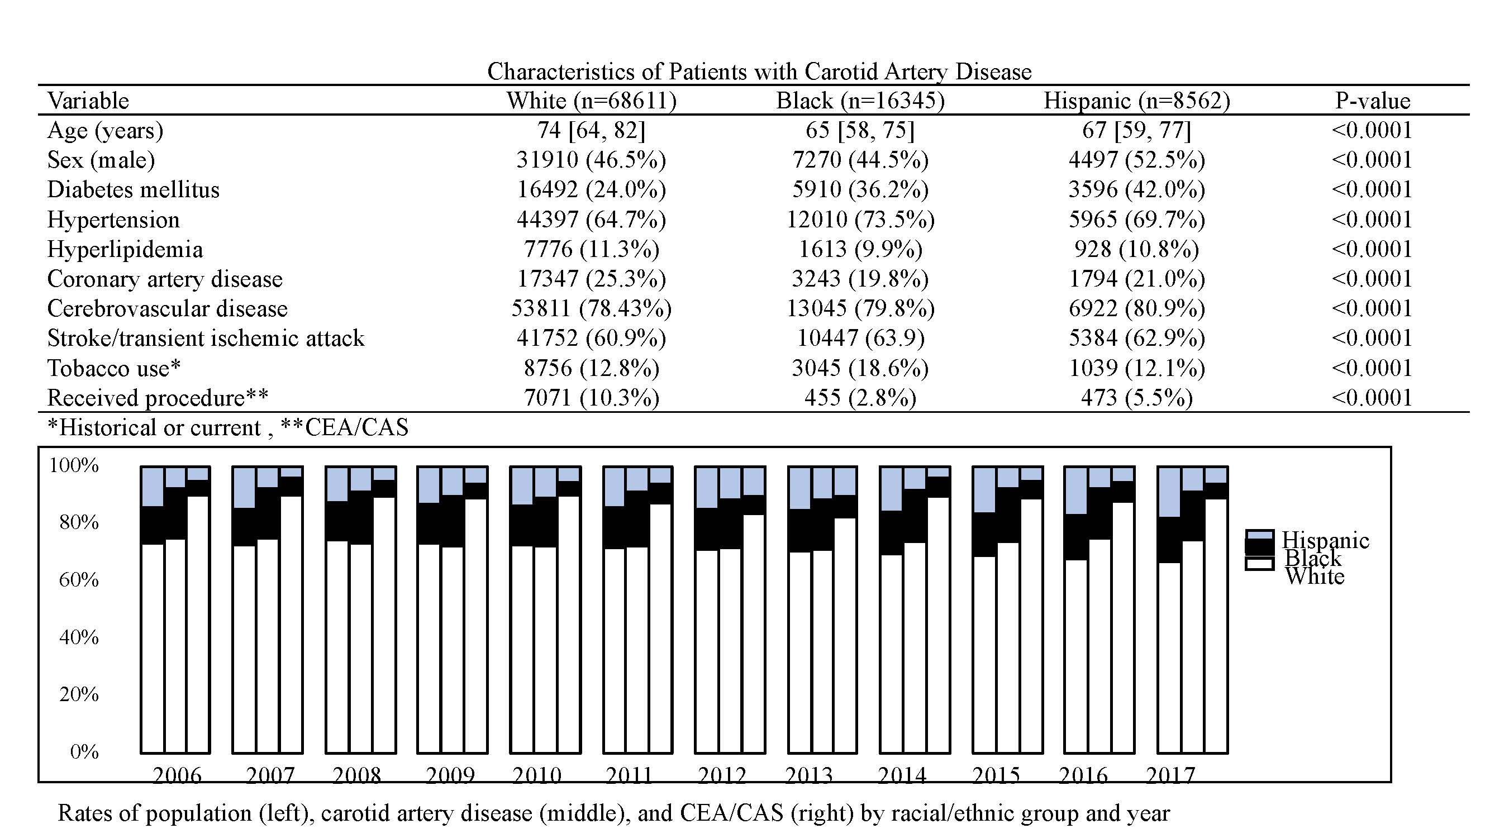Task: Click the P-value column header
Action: pos(1373,101)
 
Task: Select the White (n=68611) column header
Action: pos(591,101)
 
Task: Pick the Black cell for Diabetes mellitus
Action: pos(860,190)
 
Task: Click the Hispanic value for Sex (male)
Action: pos(1136,160)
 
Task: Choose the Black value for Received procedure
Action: pos(860,398)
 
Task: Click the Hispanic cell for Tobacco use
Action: pos(1136,368)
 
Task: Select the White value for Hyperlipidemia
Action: pos(591,249)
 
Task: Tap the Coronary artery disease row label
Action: pos(165,279)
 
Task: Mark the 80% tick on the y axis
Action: pos(79,523)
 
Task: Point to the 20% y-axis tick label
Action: pos(79,694)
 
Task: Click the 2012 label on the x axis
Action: pos(721,774)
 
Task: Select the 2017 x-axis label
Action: pos(1170,774)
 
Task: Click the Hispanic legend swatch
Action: pos(1259,535)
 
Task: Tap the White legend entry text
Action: pos(1315,577)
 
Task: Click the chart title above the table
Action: pos(759,72)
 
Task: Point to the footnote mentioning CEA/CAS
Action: pos(228,428)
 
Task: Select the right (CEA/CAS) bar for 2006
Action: pos(198,610)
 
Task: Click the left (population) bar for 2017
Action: pos(1169,610)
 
